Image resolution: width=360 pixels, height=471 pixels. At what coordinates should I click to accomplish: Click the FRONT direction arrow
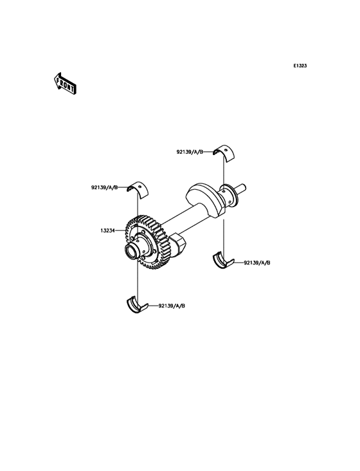65,84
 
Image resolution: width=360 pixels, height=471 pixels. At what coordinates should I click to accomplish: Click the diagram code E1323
300,66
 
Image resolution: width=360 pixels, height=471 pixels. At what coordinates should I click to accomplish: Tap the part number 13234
108,231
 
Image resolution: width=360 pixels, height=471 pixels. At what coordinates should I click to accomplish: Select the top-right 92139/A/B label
190,152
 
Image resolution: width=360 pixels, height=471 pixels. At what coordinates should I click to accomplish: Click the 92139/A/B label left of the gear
104,188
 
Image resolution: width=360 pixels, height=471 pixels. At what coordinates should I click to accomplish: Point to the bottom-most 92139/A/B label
172,306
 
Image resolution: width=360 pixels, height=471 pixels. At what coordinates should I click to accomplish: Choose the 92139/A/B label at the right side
257,263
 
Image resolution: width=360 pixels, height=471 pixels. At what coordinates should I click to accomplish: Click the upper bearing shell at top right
225,153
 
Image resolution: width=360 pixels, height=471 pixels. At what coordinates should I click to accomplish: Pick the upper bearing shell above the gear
139,189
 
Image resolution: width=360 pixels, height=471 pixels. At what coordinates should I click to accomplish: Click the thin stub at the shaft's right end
242,188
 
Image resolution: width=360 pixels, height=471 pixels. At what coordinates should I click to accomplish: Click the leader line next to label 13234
120,231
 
